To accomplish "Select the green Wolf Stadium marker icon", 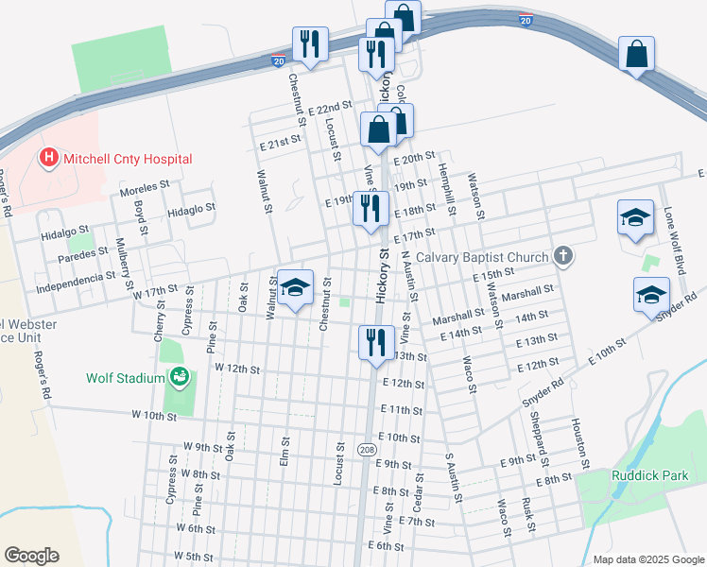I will pyautogui.click(x=179, y=378).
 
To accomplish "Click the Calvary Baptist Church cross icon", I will pyautogui.click(x=563, y=256).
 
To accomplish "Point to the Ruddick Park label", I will pyautogui.click(x=650, y=475).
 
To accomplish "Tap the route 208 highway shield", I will pyautogui.click(x=367, y=450).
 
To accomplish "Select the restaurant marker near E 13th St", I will pyautogui.click(x=376, y=342).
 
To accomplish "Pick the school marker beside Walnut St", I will pyautogui.click(x=296, y=289).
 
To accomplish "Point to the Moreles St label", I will pyautogui.click(x=144, y=185).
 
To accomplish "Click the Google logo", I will pyautogui.click(x=32, y=556).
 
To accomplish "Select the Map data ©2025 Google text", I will pyautogui.click(x=647, y=558).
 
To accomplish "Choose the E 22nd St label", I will pyautogui.click(x=330, y=112).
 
